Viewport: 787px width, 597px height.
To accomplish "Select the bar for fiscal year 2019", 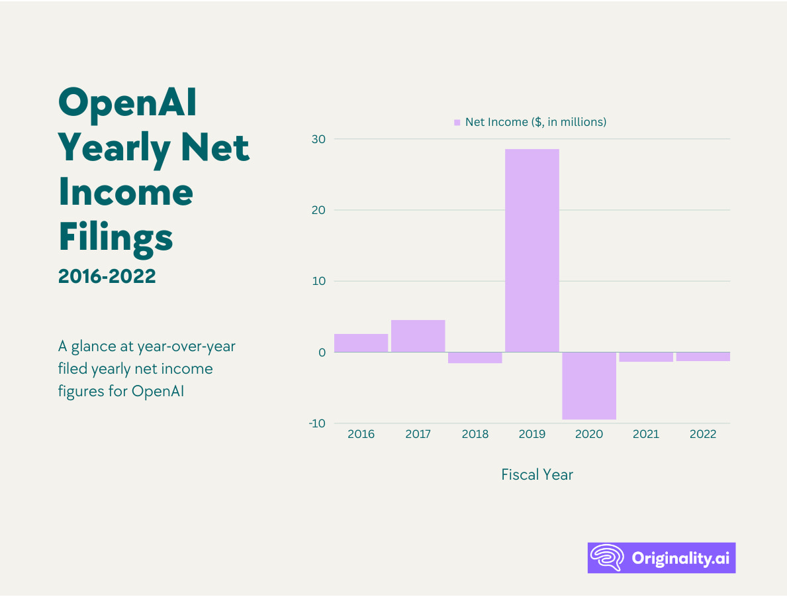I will (x=532, y=250).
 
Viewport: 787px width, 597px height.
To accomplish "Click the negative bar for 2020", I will (x=589, y=386).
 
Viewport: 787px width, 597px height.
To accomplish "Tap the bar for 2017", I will (x=418, y=336).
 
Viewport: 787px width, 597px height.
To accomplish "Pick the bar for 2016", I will (x=361, y=343).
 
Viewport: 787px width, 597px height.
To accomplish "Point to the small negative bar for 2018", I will (x=475, y=358).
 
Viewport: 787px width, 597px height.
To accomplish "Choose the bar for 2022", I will (x=703, y=356).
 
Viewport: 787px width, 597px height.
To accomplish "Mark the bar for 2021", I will (x=646, y=357).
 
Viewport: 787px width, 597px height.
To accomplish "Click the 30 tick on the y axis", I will (x=320, y=139).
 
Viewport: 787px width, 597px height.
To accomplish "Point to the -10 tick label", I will (x=317, y=423).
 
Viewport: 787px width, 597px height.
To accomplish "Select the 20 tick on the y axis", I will (x=320, y=210).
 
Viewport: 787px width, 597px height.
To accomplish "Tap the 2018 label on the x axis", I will (x=475, y=435).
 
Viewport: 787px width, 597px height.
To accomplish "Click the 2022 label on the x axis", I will (x=703, y=435).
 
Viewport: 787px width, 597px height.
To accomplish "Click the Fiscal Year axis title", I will (x=537, y=474).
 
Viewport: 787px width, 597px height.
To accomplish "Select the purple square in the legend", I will (x=457, y=123).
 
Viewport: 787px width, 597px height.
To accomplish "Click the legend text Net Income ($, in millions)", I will (x=535, y=122).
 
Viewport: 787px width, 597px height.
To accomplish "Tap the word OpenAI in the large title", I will (x=128, y=103).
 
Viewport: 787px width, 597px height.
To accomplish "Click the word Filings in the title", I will (x=116, y=237).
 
